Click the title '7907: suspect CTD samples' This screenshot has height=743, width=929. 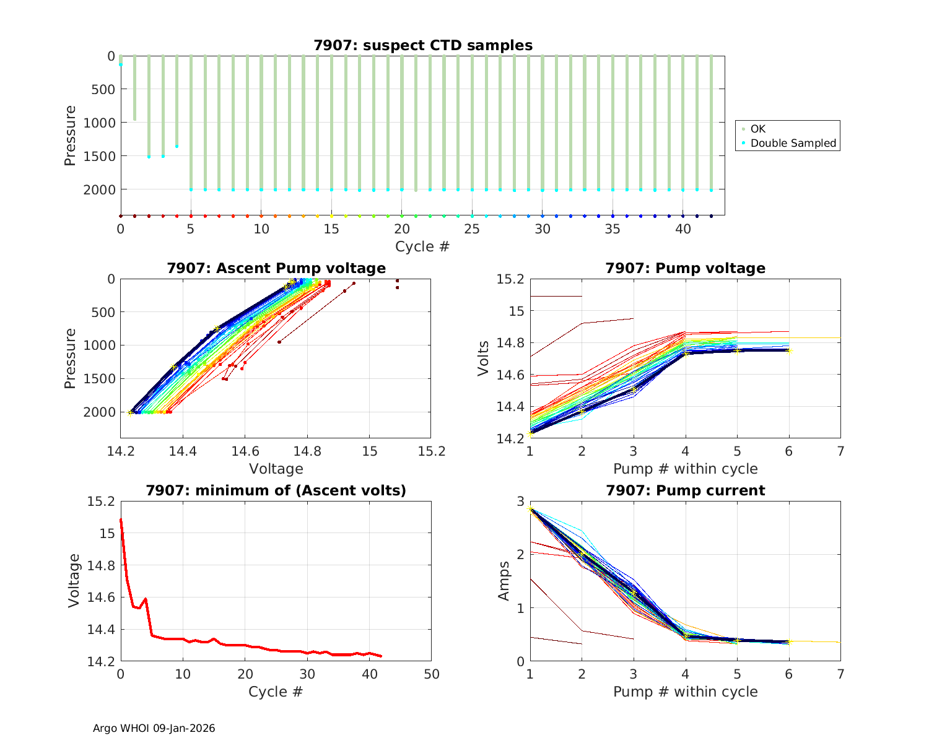point(423,45)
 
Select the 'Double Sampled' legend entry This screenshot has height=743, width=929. point(793,143)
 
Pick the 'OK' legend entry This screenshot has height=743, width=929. point(758,129)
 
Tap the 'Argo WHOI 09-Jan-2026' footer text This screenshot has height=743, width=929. point(154,728)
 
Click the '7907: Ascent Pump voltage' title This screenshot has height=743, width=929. point(276,268)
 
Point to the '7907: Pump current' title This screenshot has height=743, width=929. point(686,490)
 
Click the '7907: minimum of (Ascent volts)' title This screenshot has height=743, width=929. point(276,490)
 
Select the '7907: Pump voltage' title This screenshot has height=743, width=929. point(686,268)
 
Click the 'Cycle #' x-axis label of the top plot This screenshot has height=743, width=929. point(422,246)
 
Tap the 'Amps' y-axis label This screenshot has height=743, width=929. point(505,581)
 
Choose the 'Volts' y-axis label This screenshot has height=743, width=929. point(484,358)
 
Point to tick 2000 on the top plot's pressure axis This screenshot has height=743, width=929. point(99,189)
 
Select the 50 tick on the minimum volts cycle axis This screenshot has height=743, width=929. point(431,674)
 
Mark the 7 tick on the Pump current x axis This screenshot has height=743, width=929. point(840,674)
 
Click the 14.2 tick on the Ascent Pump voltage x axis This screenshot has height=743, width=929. point(121,451)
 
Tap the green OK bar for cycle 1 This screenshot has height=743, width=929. point(134,87)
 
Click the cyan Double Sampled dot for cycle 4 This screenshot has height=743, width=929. point(177,146)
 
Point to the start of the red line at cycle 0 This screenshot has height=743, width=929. point(121,521)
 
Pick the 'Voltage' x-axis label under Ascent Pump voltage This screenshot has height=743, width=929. point(276,469)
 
